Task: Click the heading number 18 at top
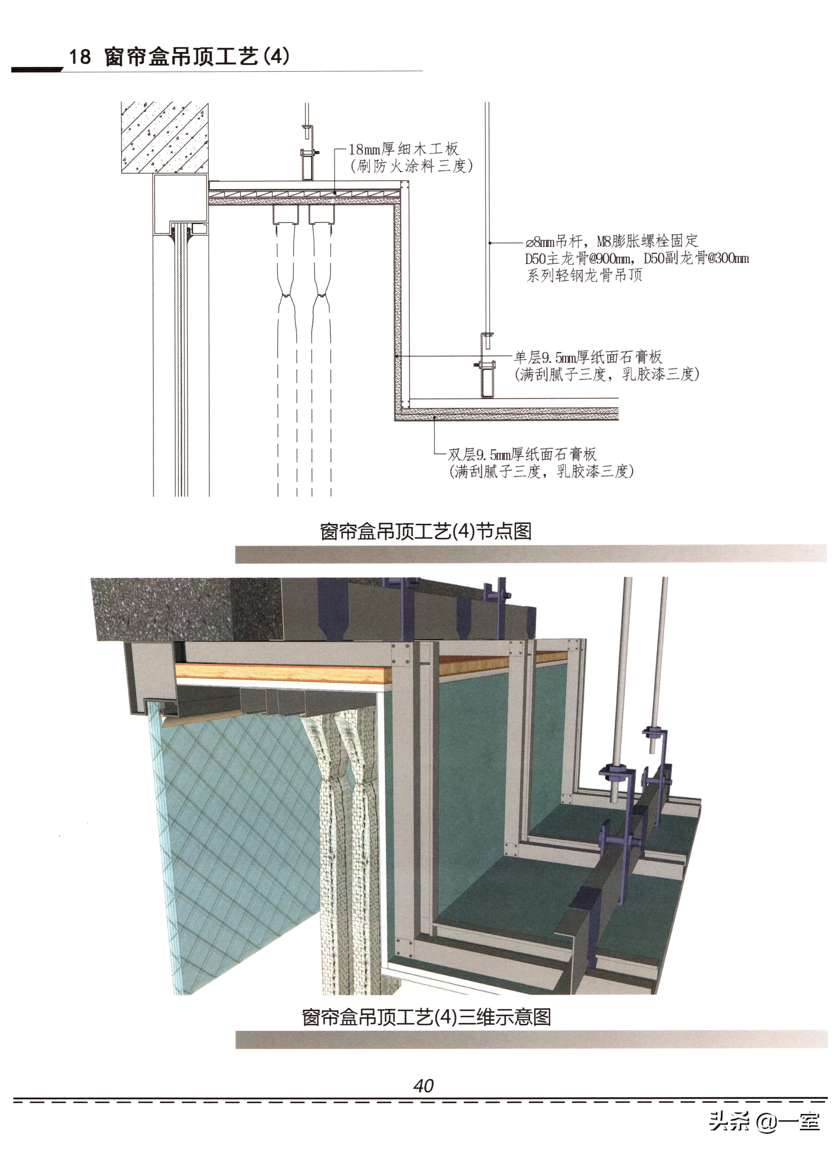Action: click(x=80, y=56)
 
